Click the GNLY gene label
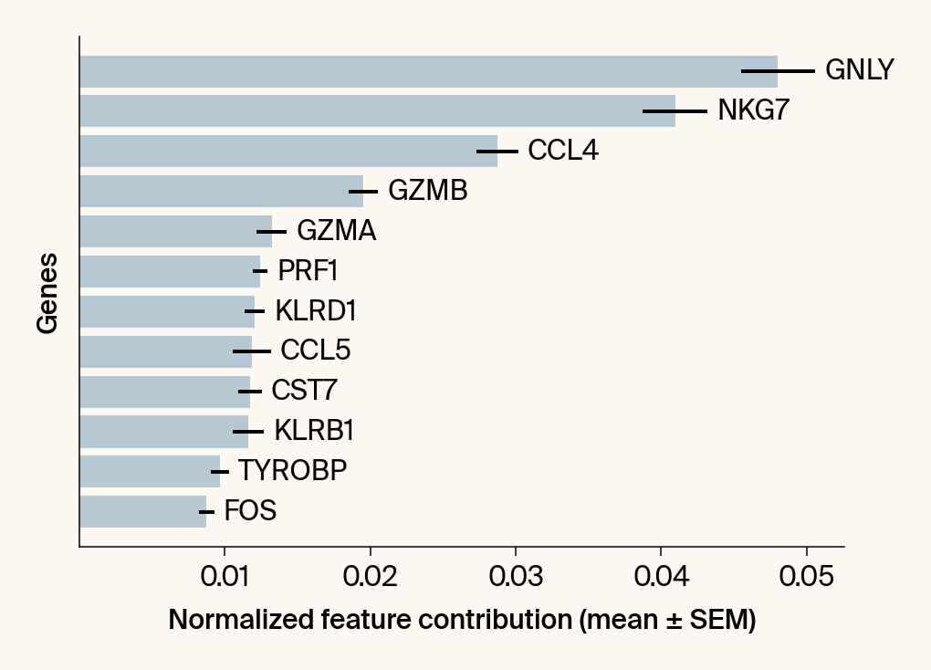tap(859, 70)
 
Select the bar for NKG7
tap(377, 110)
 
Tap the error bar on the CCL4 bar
tap(497, 151)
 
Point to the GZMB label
tap(427, 191)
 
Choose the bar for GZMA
tap(175, 231)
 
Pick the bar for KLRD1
tap(167, 311)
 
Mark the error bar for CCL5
tap(252, 351)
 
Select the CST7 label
tap(304, 392)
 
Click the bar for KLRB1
tap(164, 432)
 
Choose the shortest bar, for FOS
tap(143, 511)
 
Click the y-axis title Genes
tap(47, 293)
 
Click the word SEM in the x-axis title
tap(718, 621)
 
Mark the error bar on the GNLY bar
tap(778, 70)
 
